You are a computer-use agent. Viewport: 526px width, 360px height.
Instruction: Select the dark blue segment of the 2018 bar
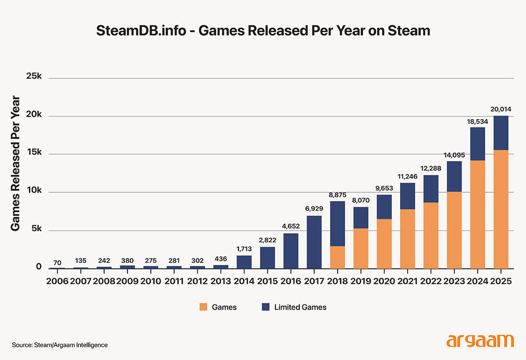pyautogui.click(x=337, y=223)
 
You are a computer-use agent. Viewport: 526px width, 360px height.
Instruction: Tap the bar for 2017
pyautogui.click(x=314, y=242)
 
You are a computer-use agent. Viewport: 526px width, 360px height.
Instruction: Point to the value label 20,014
pyautogui.click(x=501, y=109)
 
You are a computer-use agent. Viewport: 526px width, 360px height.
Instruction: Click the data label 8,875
pyautogui.click(x=337, y=194)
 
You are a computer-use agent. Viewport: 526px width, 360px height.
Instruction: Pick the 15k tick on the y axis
pyautogui.click(x=33, y=153)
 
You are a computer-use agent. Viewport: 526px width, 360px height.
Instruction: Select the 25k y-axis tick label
pyautogui.click(x=33, y=77)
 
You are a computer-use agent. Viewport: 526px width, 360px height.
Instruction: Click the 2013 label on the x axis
pyautogui.click(x=220, y=281)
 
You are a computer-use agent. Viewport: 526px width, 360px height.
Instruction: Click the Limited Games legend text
pyautogui.click(x=300, y=307)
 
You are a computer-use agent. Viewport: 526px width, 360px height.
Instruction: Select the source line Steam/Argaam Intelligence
pyautogui.click(x=60, y=345)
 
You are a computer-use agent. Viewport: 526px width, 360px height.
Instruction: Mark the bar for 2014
pyautogui.click(x=244, y=262)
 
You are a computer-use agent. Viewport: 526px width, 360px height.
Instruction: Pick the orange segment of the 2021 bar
pyautogui.click(x=407, y=239)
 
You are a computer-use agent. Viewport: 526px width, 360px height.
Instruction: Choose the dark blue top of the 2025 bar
pyautogui.click(x=501, y=133)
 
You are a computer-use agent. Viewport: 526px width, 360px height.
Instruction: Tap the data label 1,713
pyautogui.click(x=244, y=249)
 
